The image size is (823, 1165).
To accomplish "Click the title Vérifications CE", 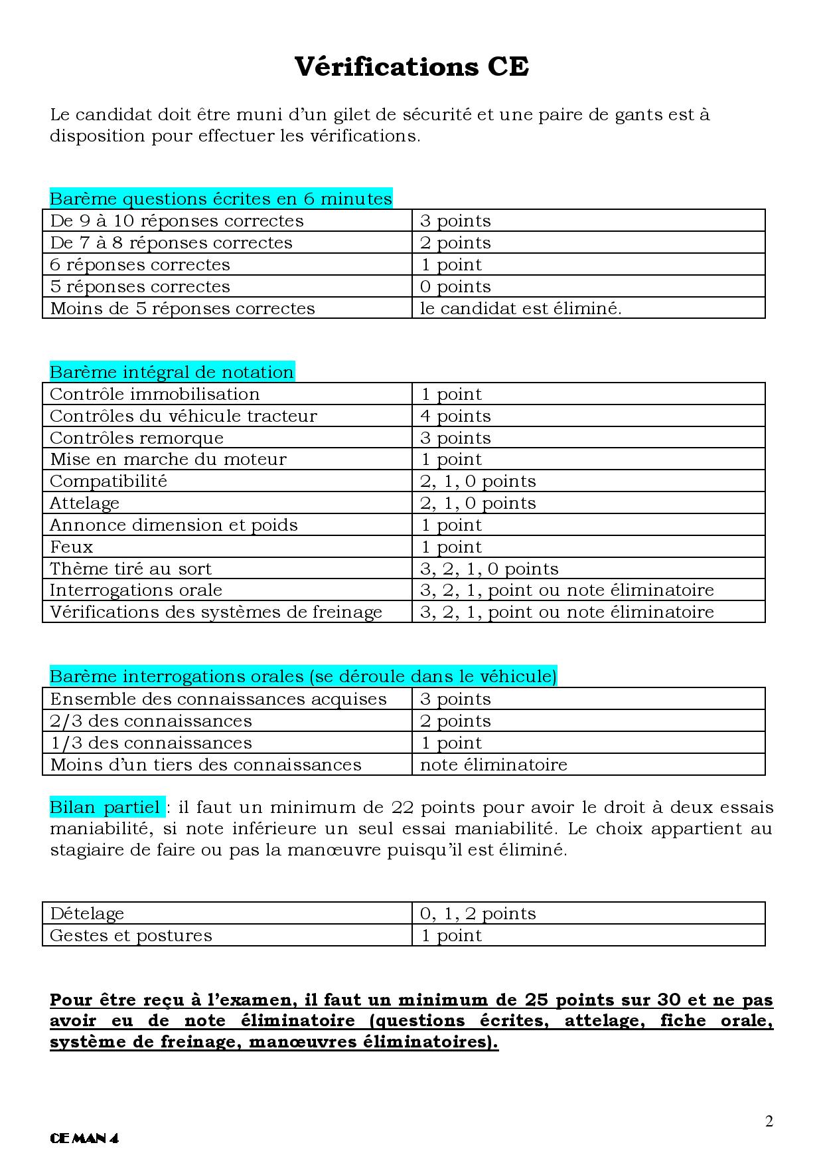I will click(411, 67).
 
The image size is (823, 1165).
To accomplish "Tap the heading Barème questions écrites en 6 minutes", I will click(221, 199).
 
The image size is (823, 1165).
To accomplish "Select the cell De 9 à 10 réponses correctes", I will click(177, 221).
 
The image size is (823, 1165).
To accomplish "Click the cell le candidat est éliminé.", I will click(520, 308).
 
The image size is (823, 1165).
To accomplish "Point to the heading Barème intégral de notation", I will click(172, 372).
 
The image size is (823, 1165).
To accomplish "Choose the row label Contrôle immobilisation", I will click(155, 394).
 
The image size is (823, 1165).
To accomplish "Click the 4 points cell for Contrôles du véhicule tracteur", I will click(455, 416).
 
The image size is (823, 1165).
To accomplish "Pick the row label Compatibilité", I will click(109, 481).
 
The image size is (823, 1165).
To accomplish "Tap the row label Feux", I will click(72, 547).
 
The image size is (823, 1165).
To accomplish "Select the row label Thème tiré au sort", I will click(131, 569).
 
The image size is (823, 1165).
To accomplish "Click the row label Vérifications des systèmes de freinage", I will click(216, 612).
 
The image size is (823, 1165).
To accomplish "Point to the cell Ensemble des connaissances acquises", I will click(218, 699).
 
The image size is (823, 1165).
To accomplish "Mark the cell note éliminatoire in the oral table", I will click(494, 764).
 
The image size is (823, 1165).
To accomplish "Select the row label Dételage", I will click(87, 913).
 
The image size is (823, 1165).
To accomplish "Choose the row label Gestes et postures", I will click(131, 935).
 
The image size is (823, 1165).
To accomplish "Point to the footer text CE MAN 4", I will click(84, 1138).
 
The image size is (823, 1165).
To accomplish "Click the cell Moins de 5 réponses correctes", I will click(183, 308).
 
